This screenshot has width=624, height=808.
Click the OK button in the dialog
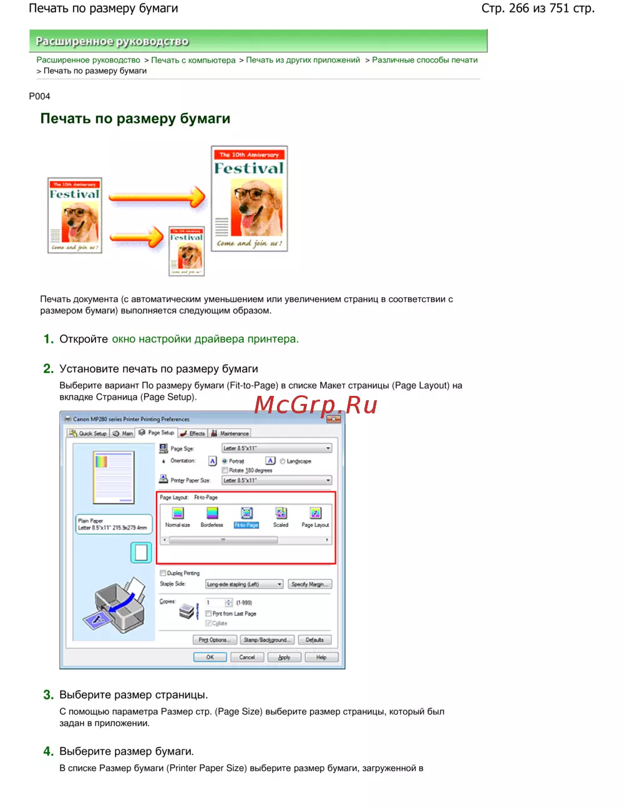[210, 657]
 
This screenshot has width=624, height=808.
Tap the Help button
[321, 657]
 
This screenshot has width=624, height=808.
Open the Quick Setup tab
[88, 433]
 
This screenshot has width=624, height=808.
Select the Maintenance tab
[230, 433]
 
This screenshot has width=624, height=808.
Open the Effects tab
[193, 433]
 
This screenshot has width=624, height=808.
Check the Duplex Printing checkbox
[163, 573]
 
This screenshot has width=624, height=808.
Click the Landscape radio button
[283, 461]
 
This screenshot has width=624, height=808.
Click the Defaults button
[314, 640]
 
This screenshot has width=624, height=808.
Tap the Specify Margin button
[310, 584]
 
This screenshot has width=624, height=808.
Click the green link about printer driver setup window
[205, 339]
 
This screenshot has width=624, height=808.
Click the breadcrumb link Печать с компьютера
[193, 60]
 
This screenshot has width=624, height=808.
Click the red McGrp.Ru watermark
[316, 405]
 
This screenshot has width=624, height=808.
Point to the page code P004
[39, 96]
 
